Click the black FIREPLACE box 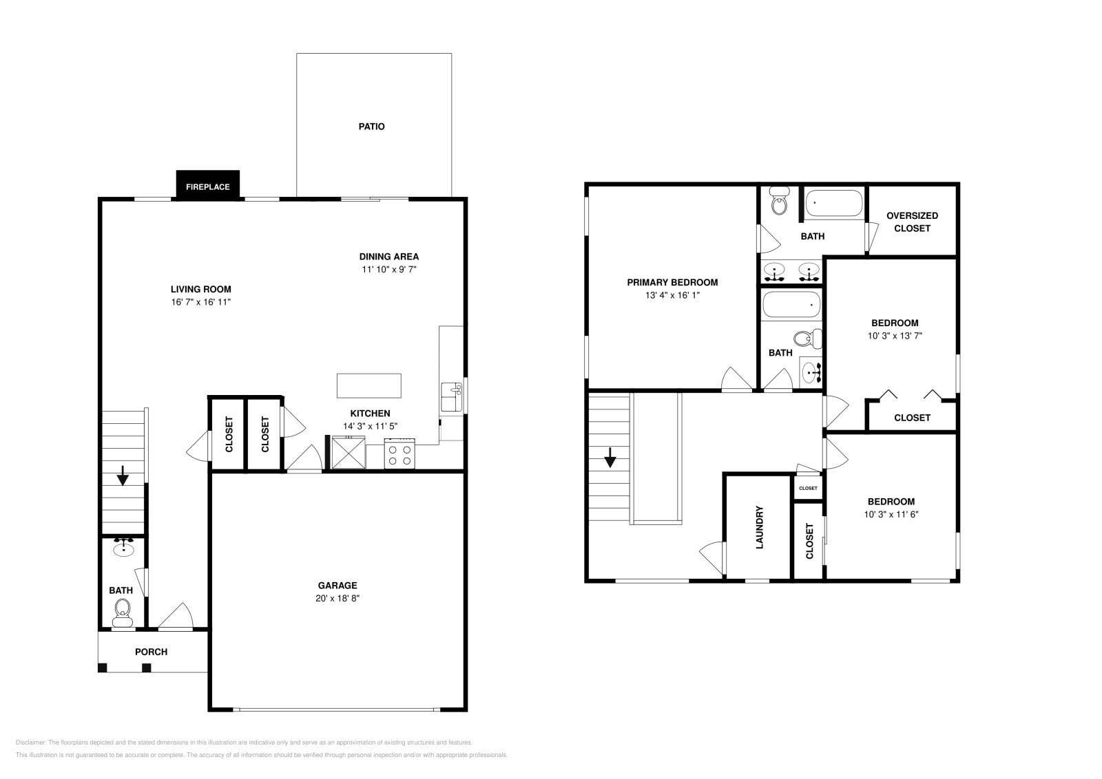coord(207,186)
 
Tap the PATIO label coord(371,127)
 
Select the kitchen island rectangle coord(368,385)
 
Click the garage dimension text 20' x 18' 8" coord(337,598)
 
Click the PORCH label coord(151,652)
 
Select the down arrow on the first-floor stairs coord(123,475)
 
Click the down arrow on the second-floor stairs coord(610,458)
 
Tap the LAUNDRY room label coord(760,528)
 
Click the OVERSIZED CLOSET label coord(912,222)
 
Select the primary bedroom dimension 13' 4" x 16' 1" coord(672,295)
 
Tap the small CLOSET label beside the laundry coord(808,488)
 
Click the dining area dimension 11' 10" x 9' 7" coord(389,270)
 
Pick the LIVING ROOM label coord(201,289)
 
